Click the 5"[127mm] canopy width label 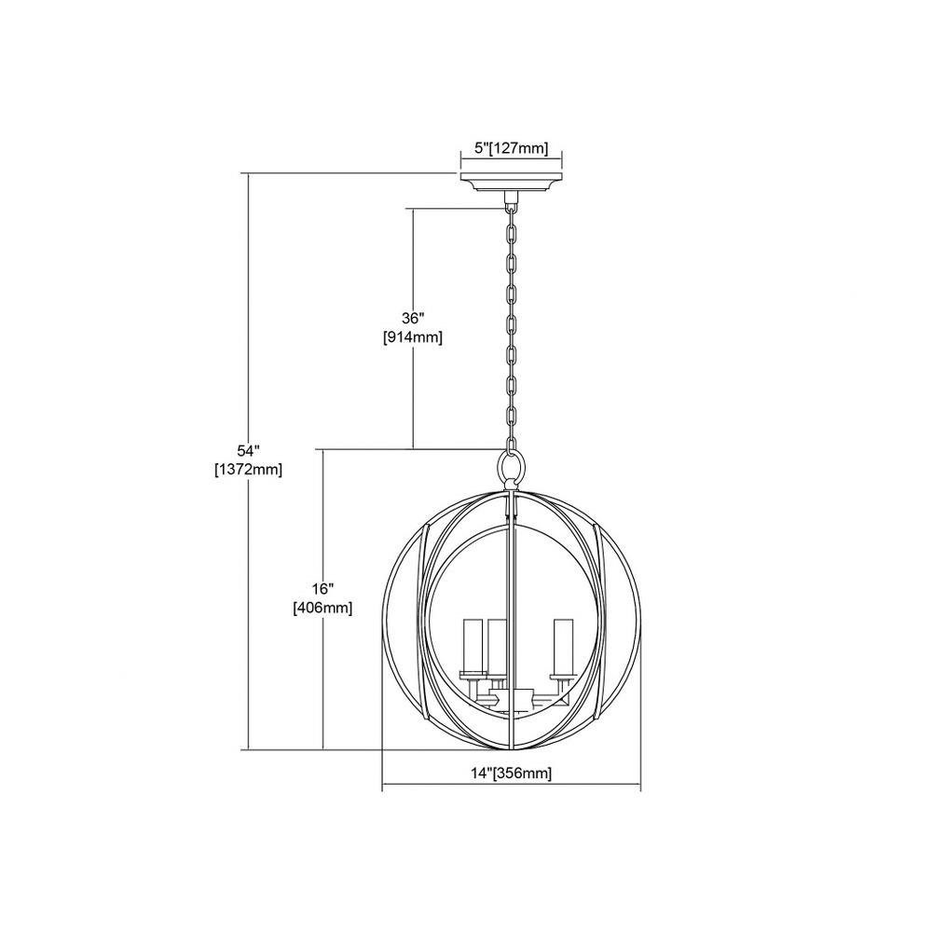(511, 148)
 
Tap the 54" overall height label (249, 449)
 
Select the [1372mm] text (249, 470)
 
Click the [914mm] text (413, 337)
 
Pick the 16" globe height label (322, 588)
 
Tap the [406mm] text (322, 609)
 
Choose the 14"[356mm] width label (511, 774)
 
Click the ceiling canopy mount (511, 183)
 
